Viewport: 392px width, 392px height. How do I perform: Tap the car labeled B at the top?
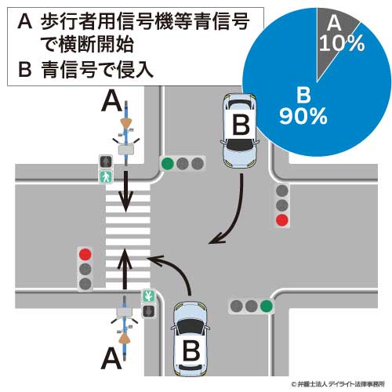(240, 131)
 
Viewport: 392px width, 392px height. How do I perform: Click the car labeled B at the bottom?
(191, 339)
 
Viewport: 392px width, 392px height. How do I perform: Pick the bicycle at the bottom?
(125, 328)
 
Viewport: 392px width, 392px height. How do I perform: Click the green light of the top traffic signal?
(168, 164)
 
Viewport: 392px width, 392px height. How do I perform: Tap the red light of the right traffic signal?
(282, 220)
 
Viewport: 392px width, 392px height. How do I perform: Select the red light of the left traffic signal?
(85, 254)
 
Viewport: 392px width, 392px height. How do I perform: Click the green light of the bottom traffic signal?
(267, 306)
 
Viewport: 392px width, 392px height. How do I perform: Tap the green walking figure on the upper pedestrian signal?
(106, 177)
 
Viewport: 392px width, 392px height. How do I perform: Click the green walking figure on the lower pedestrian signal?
(148, 296)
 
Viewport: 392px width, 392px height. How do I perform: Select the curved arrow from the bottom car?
(175, 267)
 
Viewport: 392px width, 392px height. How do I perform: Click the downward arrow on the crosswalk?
(125, 191)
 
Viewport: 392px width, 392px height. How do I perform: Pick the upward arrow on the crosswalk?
(125, 269)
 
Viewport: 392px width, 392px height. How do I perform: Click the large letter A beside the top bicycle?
(112, 103)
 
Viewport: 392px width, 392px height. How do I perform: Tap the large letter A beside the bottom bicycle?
(111, 358)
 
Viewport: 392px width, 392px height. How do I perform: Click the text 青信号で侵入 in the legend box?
(97, 70)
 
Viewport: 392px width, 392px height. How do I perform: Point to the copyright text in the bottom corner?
(338, 384)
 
